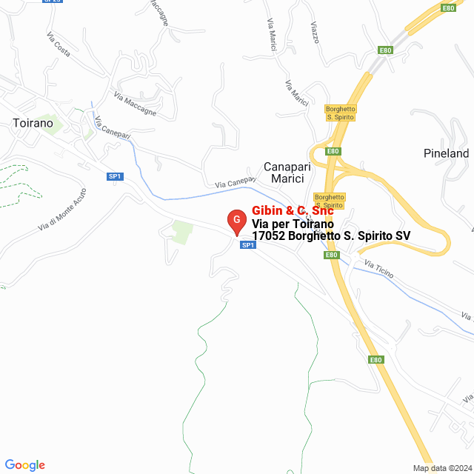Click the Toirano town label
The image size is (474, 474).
tap(33, 123)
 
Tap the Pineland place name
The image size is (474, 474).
tap(447, 153)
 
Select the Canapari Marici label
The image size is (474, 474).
tap(287, 173)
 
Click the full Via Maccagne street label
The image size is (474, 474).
tap(135, 103)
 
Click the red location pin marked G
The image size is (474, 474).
tap(236, 221)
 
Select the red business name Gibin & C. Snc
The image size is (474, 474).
tap(293, 210)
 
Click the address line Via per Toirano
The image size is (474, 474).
tap(293, 224)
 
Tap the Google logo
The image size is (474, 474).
tap(25, 465)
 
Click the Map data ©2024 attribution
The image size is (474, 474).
tap(441, 468)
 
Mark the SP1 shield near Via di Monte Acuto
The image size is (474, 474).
tap(114, 176)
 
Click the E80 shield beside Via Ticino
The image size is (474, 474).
tap(332, 255)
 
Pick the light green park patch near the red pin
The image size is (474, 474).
tap(181, 232)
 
